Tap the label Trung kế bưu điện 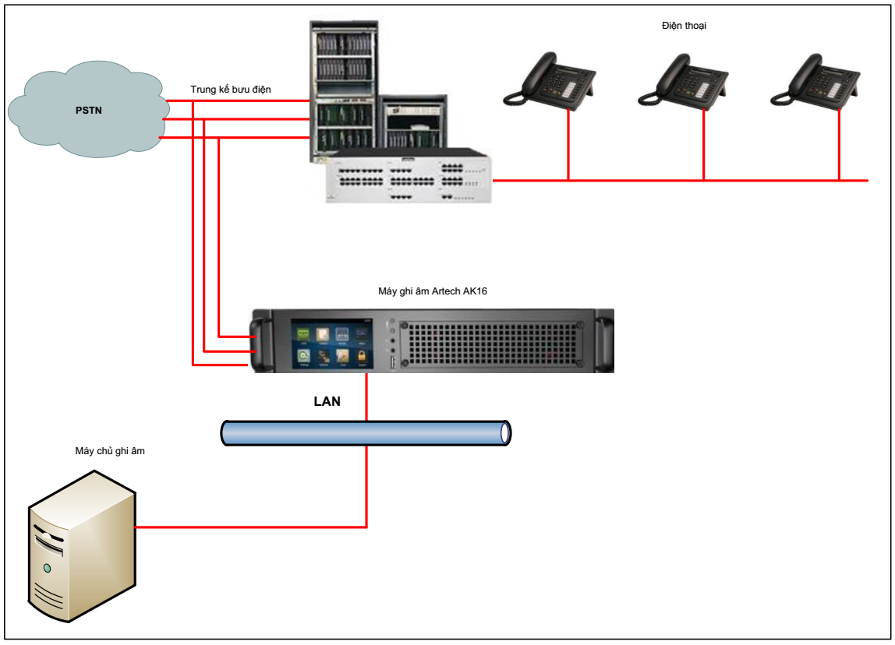click(x=231, y=90)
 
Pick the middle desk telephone click(x=683, y=80)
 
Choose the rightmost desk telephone click(x=815, y=80)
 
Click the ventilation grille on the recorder click(x=493, y=343)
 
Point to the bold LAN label click(x=327, y=402)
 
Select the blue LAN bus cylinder click(x=366, y=432)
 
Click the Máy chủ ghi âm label click(x=110, y=451)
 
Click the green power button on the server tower click(x=48, y=568)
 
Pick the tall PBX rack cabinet click(x=345, y=86)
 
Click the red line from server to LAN click(x=249, y=527)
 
